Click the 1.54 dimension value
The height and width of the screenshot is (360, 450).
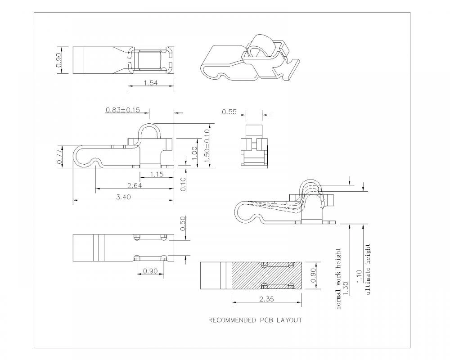click(150, 82)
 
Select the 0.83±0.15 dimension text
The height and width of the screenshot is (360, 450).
click(122, 109)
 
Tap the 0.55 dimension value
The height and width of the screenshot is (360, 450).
click(229, 112)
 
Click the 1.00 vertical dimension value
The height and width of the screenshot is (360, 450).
click(194, 154)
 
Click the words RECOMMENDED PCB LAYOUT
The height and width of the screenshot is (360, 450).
click(255, 320)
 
